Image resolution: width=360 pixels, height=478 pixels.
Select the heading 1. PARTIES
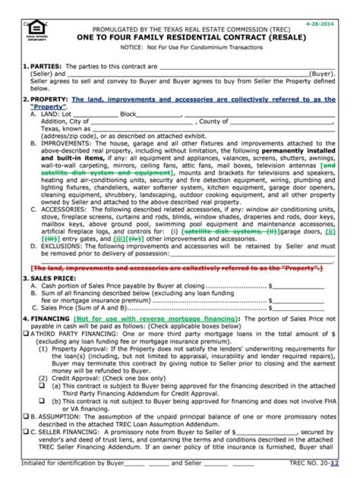point(42,66)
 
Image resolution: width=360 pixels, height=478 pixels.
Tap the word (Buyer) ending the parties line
point(322,73)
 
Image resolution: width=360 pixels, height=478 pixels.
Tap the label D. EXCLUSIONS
point(56,246)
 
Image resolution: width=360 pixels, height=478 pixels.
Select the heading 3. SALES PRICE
point(49,278)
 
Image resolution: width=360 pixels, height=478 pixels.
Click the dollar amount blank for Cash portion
point(298,286)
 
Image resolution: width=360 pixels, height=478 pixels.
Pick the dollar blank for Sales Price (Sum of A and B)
point(298,308)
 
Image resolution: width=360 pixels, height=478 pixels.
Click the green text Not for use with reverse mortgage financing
point(155,319)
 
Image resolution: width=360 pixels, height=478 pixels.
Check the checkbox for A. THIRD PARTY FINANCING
point(25,333)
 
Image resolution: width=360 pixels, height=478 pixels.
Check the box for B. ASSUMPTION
point(25,416)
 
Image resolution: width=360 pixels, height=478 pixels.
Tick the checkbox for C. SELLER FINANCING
point(25,432)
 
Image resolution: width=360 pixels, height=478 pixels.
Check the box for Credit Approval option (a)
point(42,386)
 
